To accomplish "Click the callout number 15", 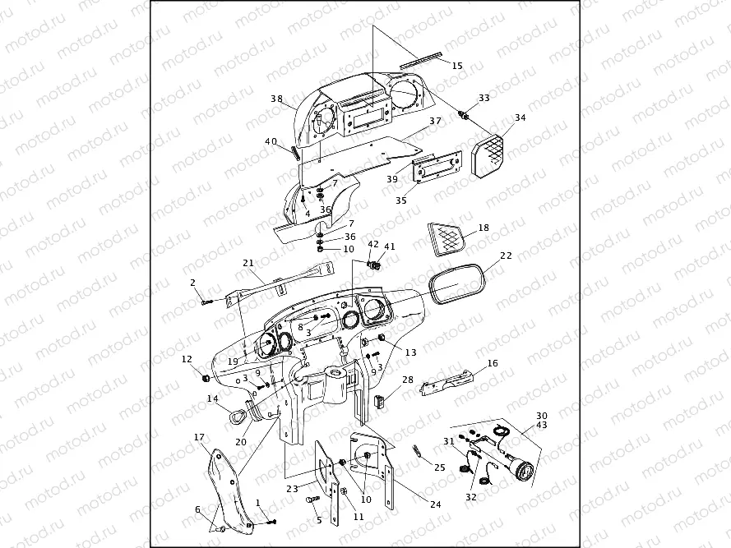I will tap(457, 66).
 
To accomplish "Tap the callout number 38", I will tap(276, 99).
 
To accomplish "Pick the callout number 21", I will tap(248, 263).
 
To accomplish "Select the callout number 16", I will tap(493, 362).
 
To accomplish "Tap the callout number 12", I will tap(187, 359).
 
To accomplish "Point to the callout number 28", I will tap(407, 380).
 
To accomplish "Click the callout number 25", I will tap(440, 467).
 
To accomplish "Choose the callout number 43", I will tap(541, 425).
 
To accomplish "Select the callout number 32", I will tap(470, 497).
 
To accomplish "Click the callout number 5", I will tap(319, 519).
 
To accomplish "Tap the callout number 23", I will tap(292, 488).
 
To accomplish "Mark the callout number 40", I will tap(271, 141).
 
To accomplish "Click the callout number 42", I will tap(373, 245).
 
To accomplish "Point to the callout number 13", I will tap(410, 352).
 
